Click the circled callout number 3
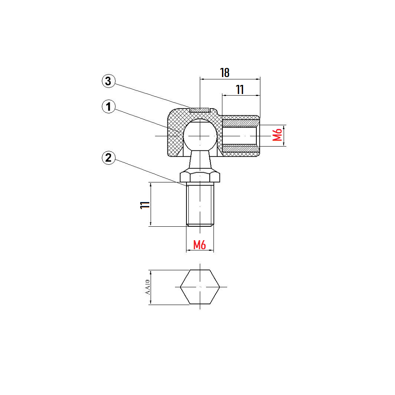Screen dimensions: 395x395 [x=109, y=81]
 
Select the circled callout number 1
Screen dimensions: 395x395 [x=109, y=107]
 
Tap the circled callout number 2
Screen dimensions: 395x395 [x=109, y=158]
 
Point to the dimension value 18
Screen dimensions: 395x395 [x=225, y=73]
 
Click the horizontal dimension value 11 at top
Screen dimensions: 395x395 [x=240, y=90]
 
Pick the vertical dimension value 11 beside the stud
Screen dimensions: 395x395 [x=145, y=205]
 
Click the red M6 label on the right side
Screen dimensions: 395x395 [x=277, y=135]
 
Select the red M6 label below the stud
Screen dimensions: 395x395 [x=199, y=245]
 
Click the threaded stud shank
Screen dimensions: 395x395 [x=200, y=204]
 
